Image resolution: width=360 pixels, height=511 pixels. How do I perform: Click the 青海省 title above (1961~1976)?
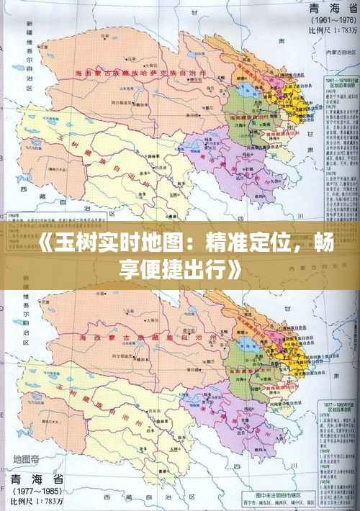[324, 10]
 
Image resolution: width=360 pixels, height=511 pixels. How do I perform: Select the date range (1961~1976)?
[324, 22]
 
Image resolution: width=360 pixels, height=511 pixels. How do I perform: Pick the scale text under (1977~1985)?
[35, 502]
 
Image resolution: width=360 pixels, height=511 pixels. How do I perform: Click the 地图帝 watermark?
[27, 459]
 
